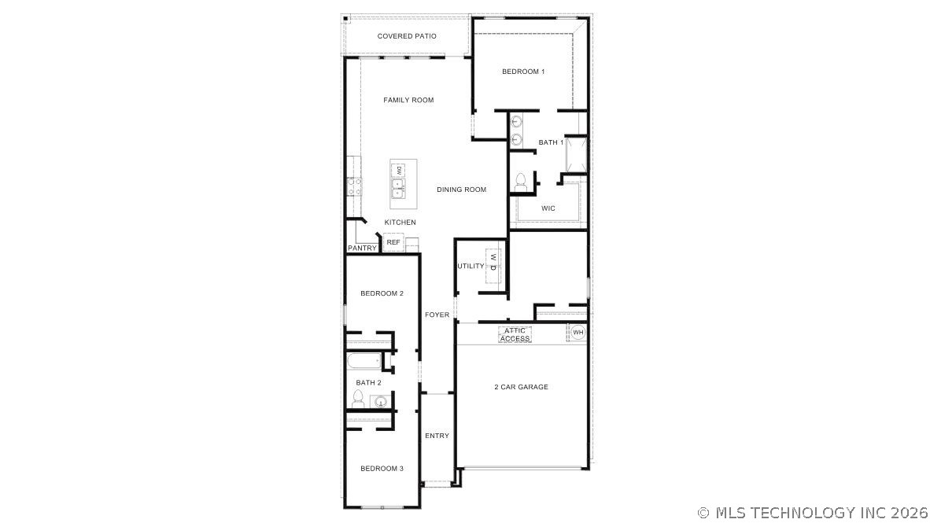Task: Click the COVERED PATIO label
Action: pos(407,36)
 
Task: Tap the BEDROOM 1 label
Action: pos(523,72)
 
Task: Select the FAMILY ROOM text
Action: pos(408,100)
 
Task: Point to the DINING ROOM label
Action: pos(461,190)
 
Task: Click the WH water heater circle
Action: pos(578,333)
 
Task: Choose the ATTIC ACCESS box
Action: pos(515,335)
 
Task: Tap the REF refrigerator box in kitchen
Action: pos(393,243)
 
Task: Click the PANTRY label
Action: pos(362,249)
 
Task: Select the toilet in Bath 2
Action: pos(358,400)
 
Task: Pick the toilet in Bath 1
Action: pos(519,182)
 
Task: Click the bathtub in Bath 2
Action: pos(364,363)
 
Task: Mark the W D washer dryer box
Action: pos(493,261)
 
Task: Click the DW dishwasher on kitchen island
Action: pos(399,170)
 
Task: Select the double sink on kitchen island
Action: pos(399,189)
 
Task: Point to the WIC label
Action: pos(548,208)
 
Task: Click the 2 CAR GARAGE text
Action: pos(521,387)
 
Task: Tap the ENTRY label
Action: pos(437,436)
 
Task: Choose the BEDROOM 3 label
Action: pos(382,469)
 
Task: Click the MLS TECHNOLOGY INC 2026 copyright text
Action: pos(813,513)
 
